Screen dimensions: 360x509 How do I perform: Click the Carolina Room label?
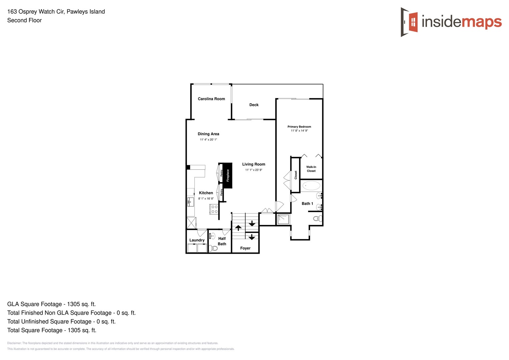[211, 99]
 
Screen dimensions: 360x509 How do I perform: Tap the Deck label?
[254, 105]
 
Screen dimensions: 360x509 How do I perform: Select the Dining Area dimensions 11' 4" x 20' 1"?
[208, 140]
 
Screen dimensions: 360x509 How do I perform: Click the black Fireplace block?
[227, 175]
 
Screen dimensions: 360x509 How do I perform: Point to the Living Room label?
[254, 164]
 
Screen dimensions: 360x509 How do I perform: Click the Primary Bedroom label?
[299, 127]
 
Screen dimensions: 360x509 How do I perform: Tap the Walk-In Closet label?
[311, 169]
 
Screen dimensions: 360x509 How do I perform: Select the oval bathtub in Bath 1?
[311, 186]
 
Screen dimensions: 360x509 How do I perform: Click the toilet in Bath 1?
[318, 219]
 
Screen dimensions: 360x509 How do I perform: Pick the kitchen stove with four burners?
[214, 209]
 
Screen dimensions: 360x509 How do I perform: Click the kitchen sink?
[190, 202]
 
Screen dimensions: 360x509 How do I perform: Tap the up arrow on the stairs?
[238, 228]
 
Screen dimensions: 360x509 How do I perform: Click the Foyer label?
[245, 248]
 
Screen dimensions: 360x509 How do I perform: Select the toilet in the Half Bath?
[213, 248]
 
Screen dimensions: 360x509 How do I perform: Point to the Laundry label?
[197, 240]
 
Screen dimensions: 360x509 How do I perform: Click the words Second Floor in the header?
[25, 20]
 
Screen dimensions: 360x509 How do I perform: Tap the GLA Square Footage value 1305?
[74, 304]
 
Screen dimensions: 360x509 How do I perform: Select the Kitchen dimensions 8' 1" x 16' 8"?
[206, 199]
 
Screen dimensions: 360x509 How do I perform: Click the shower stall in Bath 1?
[283, 219]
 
